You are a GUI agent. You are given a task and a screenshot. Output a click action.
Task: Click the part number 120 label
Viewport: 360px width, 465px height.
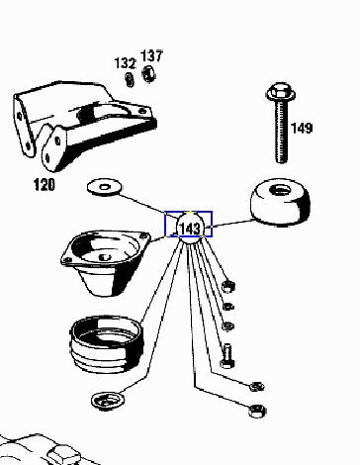[45, 184]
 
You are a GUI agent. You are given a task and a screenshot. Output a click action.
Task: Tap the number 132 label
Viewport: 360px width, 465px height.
[125, 63]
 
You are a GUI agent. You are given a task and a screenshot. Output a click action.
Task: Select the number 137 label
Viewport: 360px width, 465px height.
[151, 55]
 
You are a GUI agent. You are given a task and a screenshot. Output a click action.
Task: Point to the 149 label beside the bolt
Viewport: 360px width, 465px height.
[302, 128]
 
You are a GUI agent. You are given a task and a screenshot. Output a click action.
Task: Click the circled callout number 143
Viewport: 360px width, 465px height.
[190, 229]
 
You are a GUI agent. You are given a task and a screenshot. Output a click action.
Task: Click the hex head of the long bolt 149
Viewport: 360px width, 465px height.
[280, 92]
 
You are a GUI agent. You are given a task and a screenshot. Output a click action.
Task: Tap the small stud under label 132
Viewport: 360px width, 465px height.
[130, 79]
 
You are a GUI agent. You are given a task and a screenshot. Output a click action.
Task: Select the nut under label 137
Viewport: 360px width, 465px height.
[148, 73]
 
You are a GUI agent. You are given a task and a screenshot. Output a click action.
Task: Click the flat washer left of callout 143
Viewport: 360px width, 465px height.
[104, 187]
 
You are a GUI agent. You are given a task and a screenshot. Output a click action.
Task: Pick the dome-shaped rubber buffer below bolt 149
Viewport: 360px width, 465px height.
[280, 202]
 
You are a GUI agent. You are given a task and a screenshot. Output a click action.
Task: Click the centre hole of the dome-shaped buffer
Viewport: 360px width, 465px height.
[280, 190]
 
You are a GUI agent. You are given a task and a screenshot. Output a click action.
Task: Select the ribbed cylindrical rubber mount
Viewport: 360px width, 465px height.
[107, 344]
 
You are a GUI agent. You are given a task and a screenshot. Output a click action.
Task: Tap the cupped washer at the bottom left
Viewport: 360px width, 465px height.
[108, 401]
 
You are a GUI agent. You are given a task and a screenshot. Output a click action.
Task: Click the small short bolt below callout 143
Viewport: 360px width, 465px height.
[226, 355]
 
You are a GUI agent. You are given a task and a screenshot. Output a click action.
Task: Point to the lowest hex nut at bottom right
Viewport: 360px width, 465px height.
[257, 411]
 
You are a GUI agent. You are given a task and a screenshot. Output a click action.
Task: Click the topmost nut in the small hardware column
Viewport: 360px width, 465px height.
[227, 286]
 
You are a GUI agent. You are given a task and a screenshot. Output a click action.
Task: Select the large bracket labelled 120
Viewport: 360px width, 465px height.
[84, 126]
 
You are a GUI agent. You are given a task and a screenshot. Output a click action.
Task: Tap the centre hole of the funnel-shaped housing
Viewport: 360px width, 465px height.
[105, 257]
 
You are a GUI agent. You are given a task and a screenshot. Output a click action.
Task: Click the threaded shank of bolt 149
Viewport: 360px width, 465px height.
[281, 132]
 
